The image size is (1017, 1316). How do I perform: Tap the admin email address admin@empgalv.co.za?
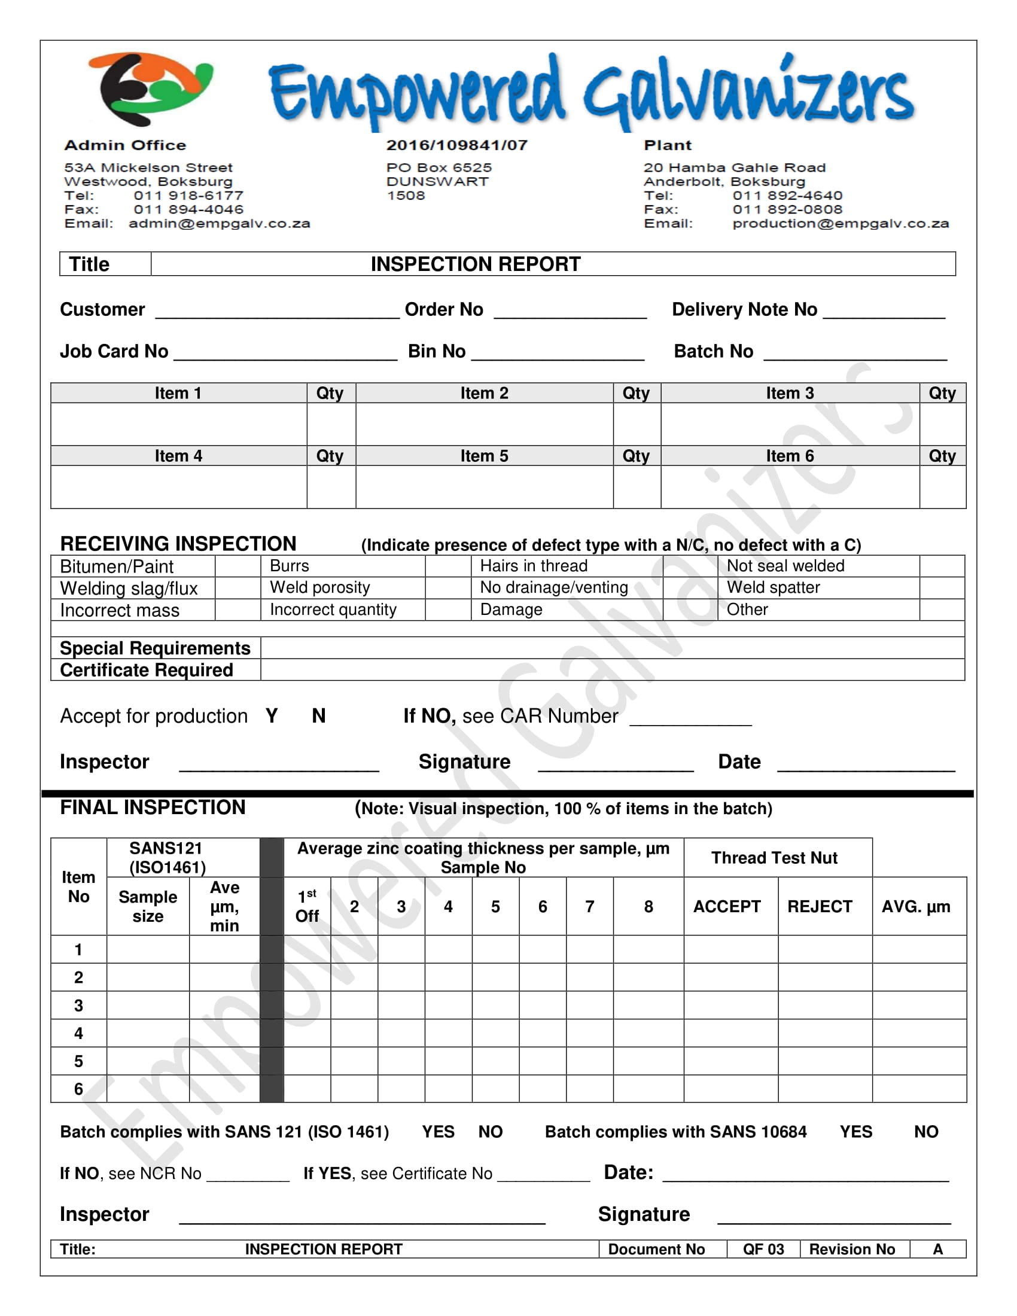tap(219, 224)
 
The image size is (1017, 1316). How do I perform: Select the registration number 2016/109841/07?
tap(456, 145)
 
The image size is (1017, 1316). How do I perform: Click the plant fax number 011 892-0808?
tap(787, 210)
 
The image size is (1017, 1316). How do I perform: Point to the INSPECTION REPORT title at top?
tap(476, 264)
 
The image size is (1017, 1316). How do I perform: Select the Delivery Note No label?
tap(744, 310)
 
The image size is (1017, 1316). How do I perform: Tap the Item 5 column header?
tap(484, 456)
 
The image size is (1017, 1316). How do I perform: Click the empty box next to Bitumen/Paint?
tap(238, 566)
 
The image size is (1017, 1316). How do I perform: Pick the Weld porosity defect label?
tap(320, 587)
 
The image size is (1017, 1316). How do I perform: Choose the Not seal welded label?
tap(785, 566)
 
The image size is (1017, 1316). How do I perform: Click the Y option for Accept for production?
tap(272, 716)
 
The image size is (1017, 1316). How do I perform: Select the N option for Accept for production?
tap(319, 716)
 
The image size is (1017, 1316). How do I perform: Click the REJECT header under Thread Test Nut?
tap(820, 906)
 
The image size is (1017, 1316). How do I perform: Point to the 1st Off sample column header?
tap(307, 906)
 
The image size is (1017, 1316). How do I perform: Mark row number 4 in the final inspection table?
tap(78, 1034)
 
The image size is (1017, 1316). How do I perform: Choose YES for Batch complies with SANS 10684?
tap(855, 1132)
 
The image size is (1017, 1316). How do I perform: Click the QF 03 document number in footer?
tap(763, 1249)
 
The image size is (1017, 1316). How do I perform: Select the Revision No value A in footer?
tap(937, 1249)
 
